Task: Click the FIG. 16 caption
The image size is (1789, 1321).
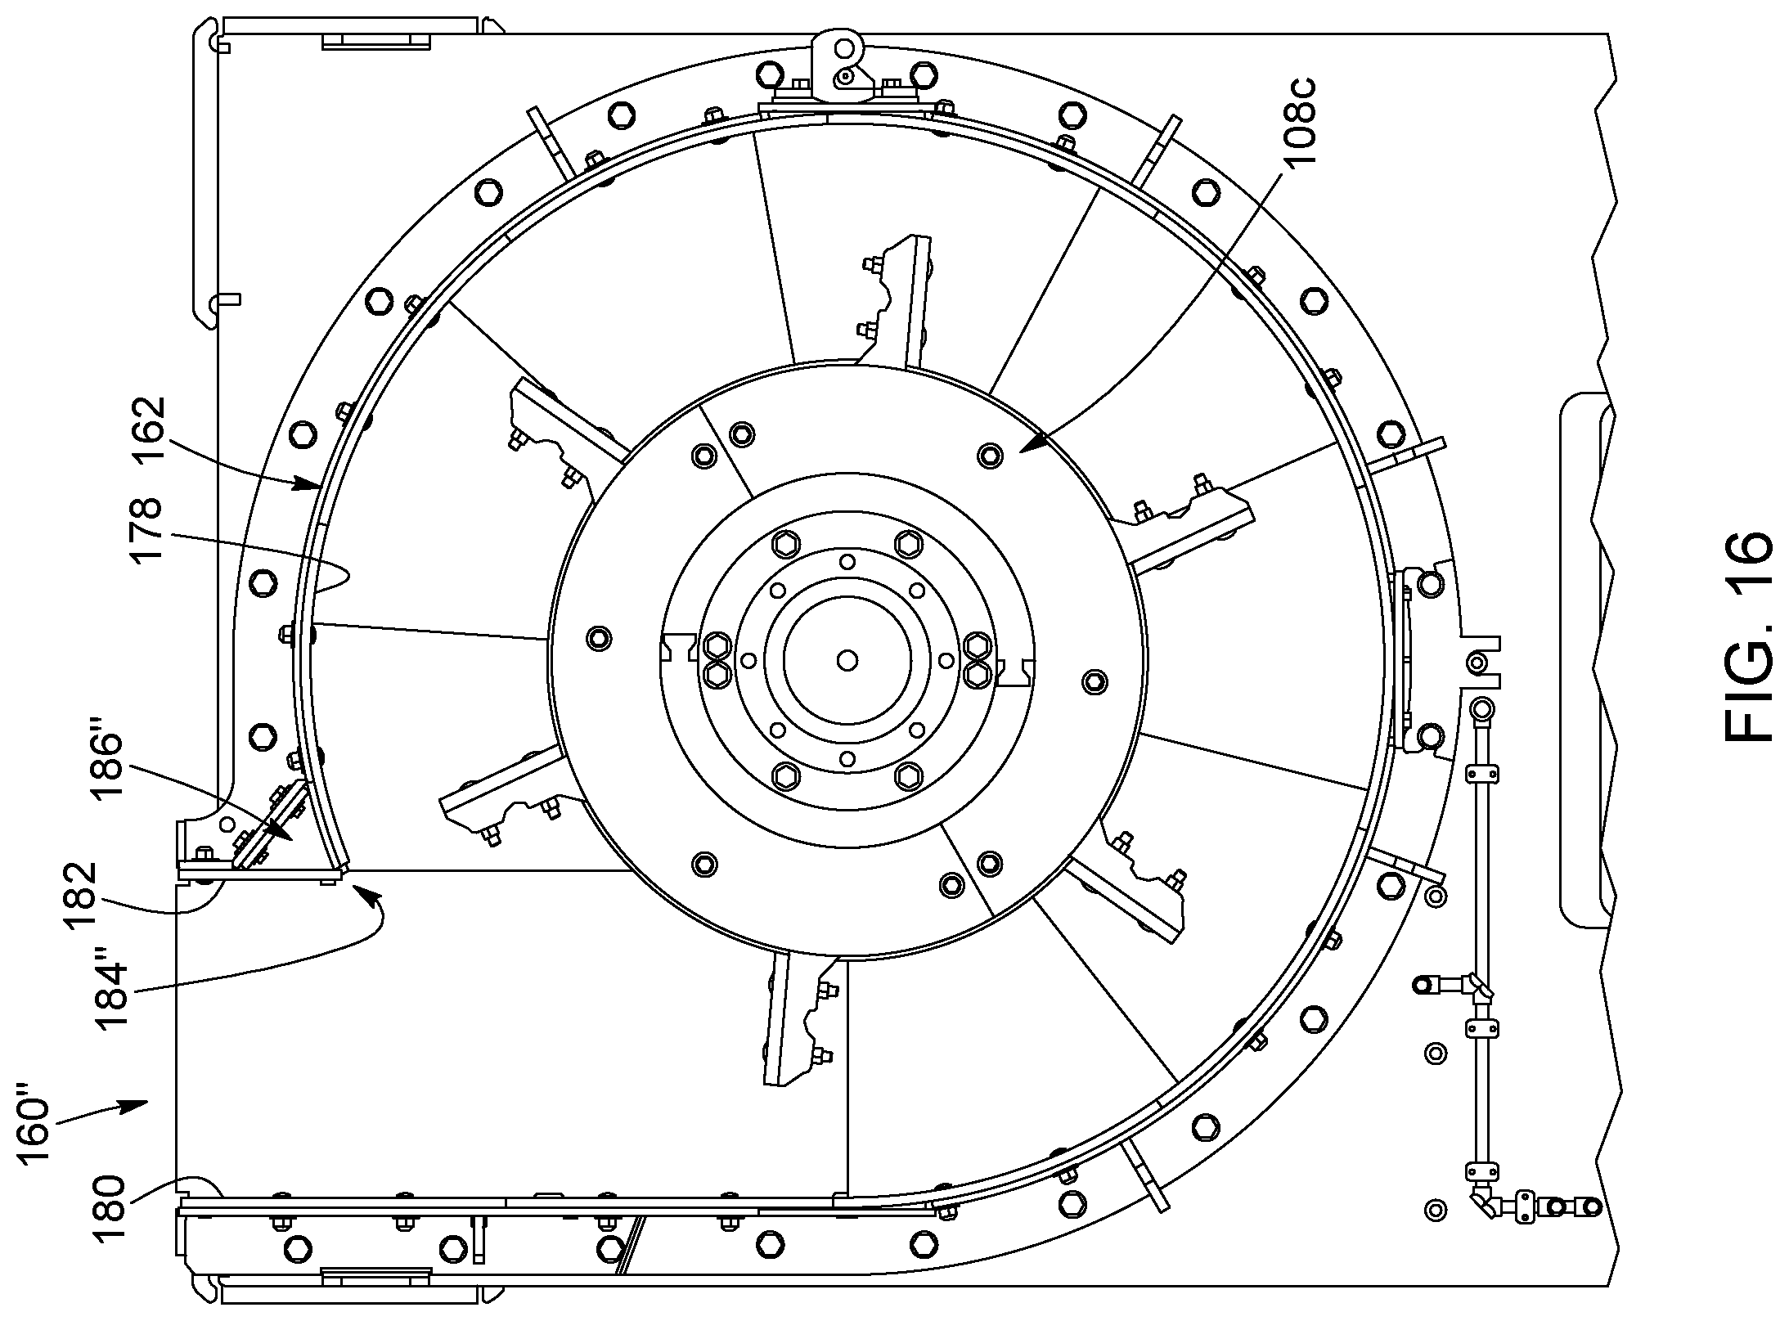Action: pyautogui.click(x=1749, y=639)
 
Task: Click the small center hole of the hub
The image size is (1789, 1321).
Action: pyautogui.click(x=847, y=659)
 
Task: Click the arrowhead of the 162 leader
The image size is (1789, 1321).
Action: pyautogui.click(x=312, y=483)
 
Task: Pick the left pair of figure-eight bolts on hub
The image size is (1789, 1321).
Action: pyautogui.click(x=717, y=658)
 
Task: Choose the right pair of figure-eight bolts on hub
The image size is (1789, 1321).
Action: pyautogui.click(x=978, y=659)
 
